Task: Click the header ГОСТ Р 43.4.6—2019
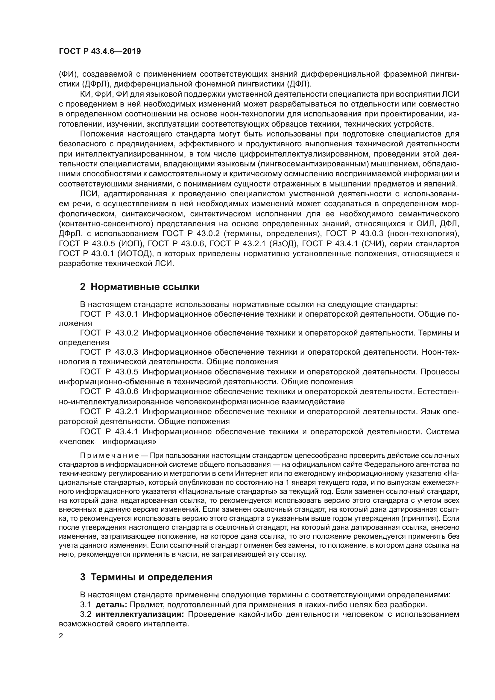click(x=100, y=51)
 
